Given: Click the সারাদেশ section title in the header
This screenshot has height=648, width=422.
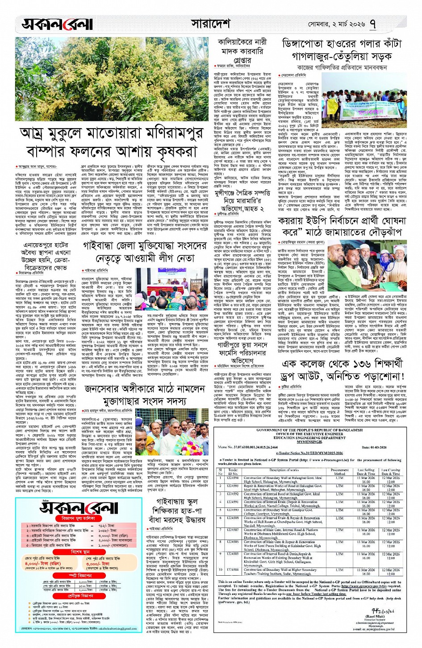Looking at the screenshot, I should pyautogui.click(x=210, y=23).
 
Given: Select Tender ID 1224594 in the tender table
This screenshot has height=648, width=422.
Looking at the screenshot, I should pyautogui.click(x=232, y=478).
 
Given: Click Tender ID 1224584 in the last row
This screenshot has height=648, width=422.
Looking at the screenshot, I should pyautogui.click(x=232, y=569).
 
